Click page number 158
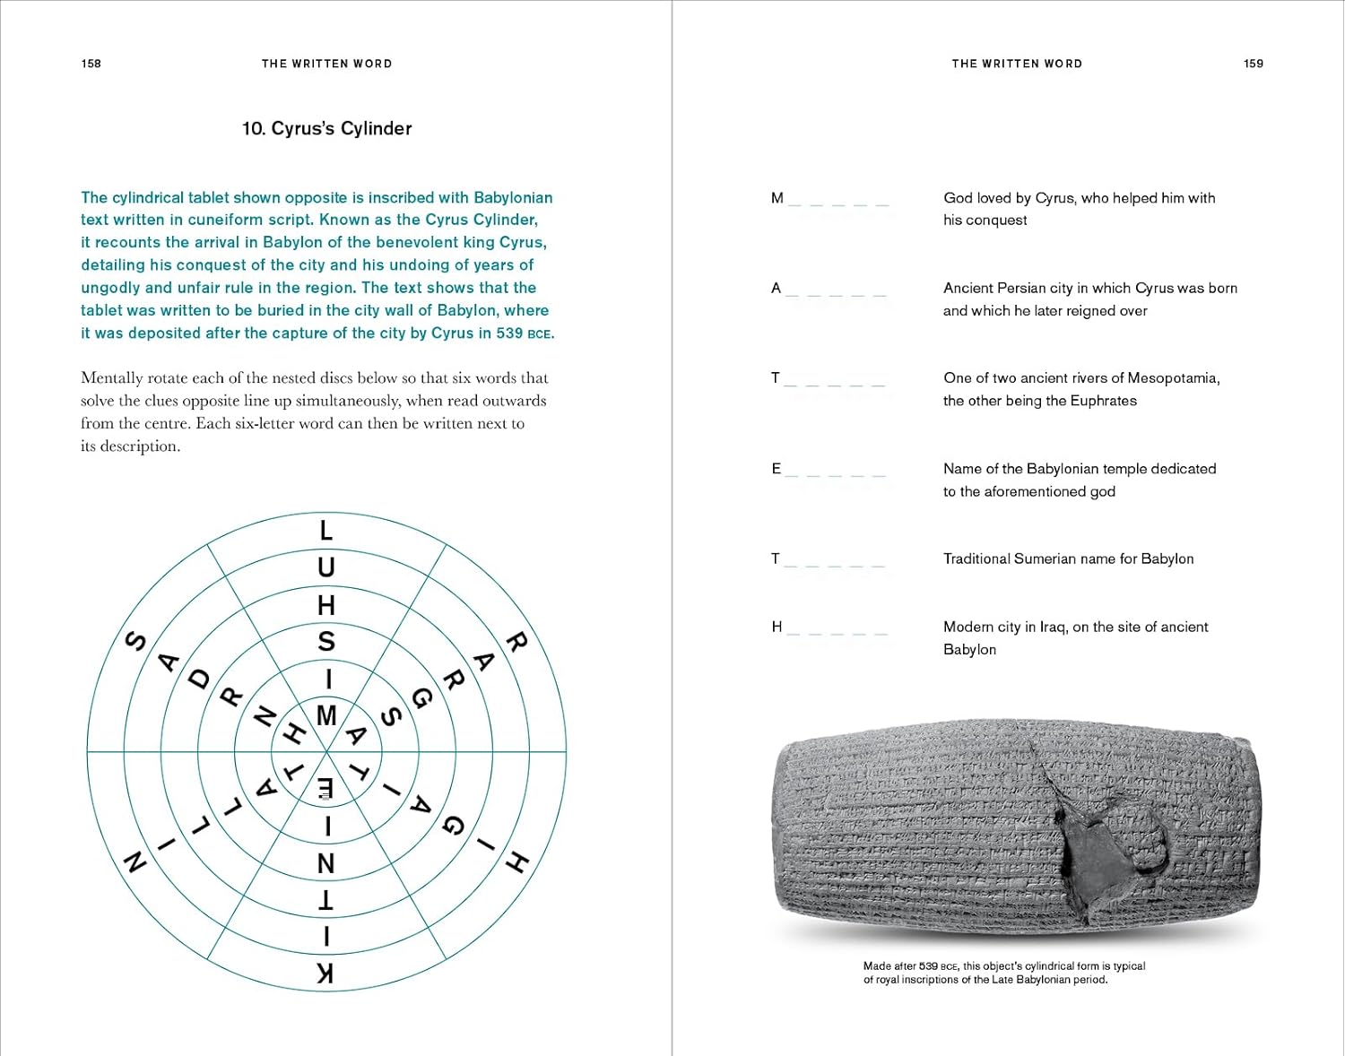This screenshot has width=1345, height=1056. [91, 64]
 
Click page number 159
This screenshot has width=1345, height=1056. [1253, 64]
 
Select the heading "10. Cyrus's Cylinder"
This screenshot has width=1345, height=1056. [326, 128]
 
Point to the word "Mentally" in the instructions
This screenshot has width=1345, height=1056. [109, 378]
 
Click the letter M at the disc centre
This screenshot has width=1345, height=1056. [326, 715]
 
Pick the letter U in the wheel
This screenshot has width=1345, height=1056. [326, 567]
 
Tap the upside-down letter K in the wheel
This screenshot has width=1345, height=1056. [326, 974]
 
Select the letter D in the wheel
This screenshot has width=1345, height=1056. [199, 679]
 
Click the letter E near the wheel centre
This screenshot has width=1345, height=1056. [326, 788]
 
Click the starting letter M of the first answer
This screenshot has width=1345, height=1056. [777, 198]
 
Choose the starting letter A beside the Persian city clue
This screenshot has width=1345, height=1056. [777, 288]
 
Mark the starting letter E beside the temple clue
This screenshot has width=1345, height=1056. [777, 469]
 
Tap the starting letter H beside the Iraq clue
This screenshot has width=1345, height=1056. [777, 627]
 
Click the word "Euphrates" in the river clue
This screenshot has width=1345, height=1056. [1104, 401]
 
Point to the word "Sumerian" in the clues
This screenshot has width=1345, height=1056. [1045, 558]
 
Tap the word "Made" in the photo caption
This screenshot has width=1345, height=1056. [877, 966]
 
